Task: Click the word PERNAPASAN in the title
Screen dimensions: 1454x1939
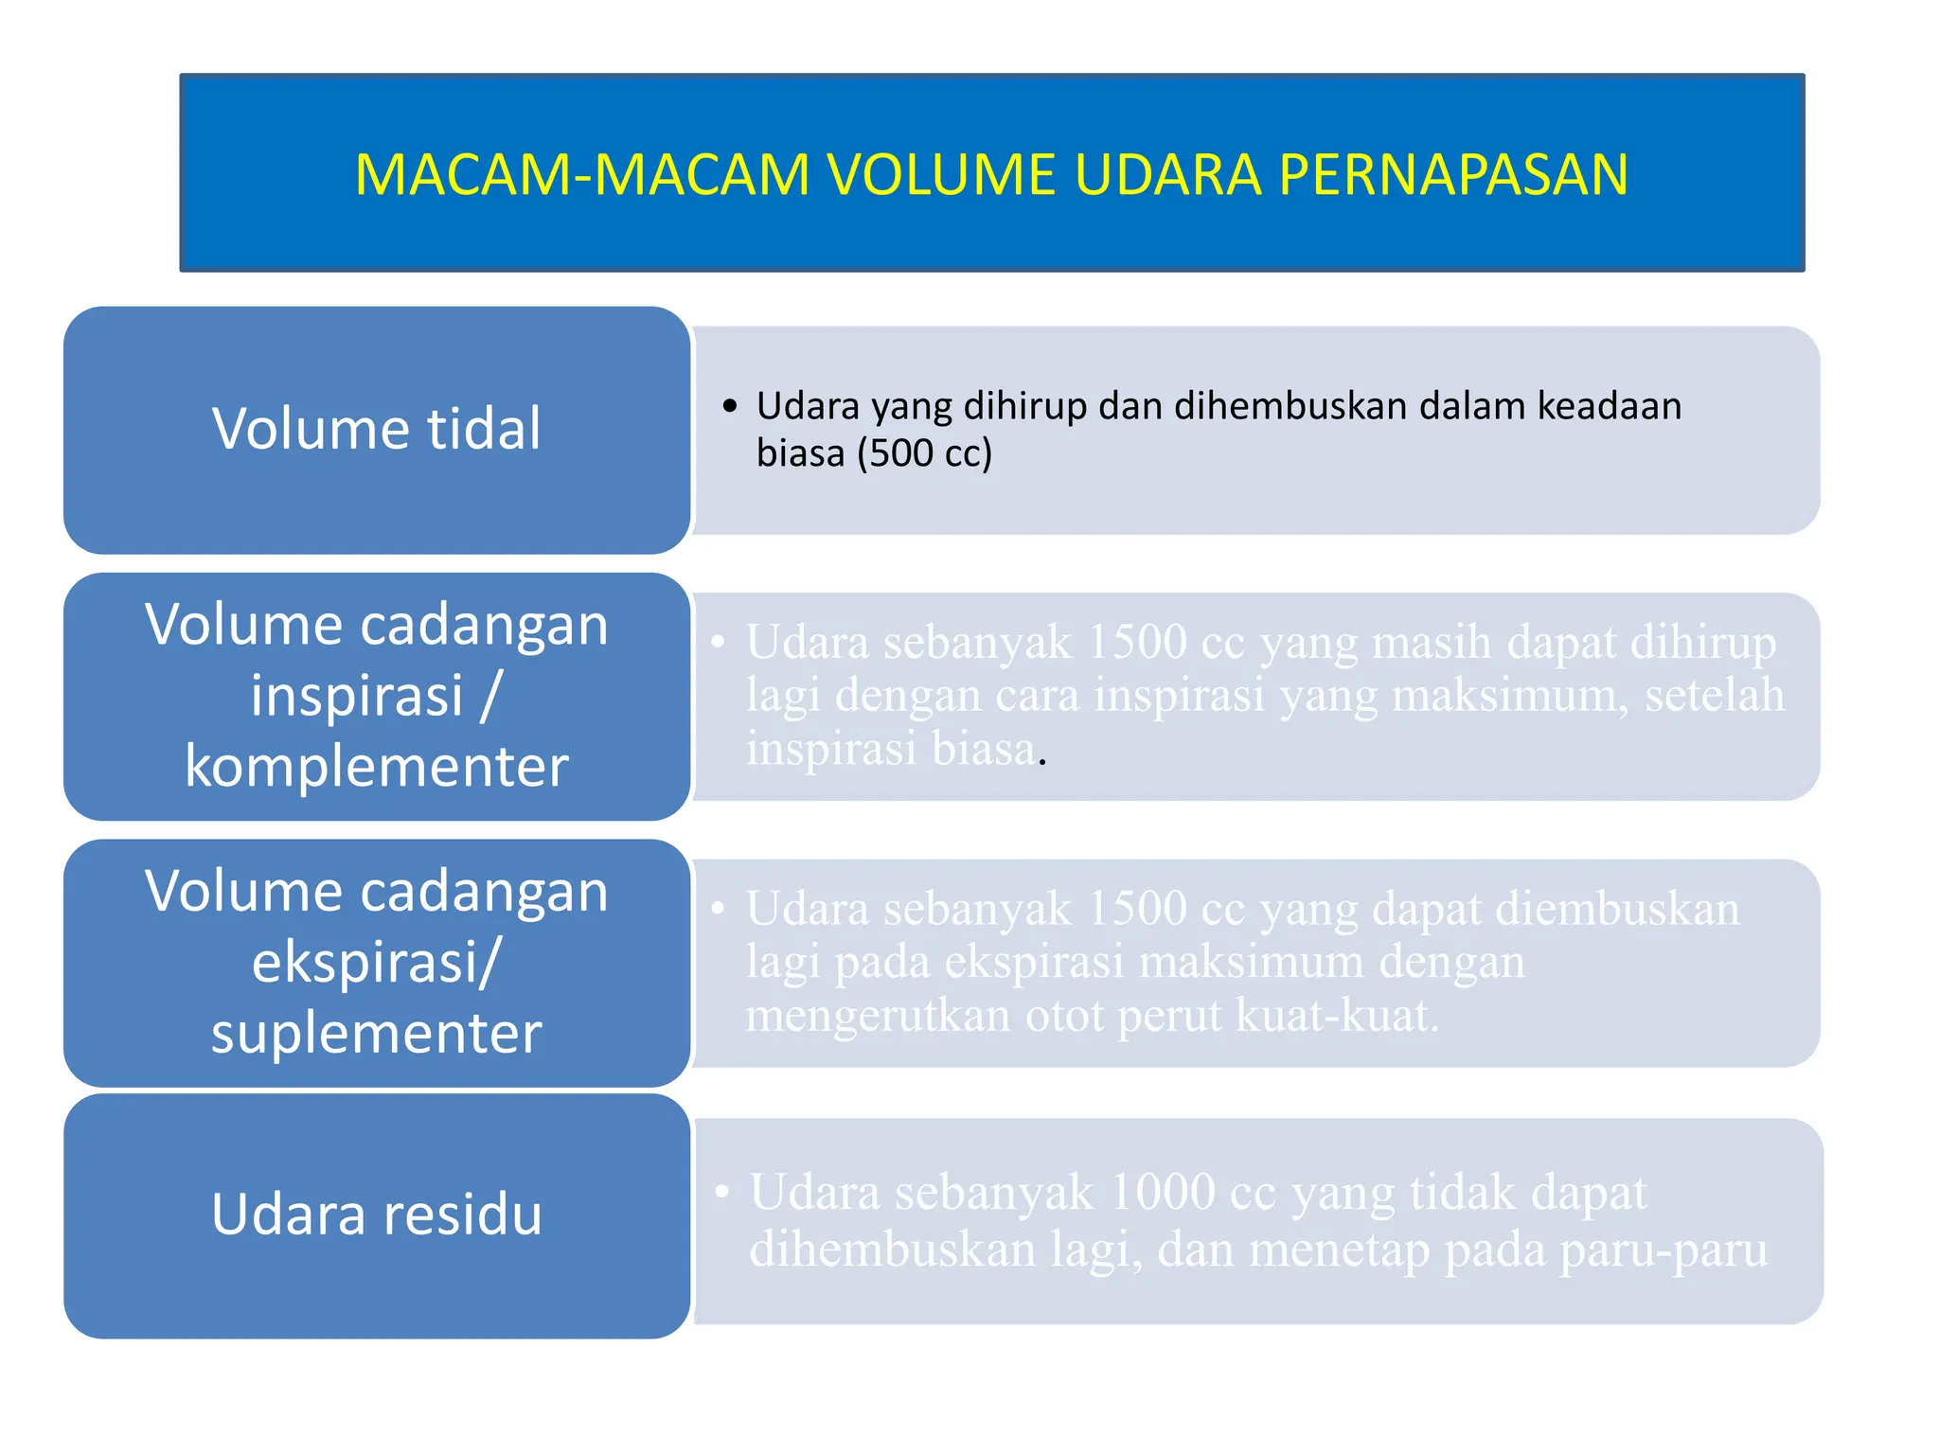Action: (1453, 175)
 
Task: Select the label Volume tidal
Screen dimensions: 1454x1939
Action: (376, 429)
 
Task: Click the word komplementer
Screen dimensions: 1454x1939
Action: (376, 766)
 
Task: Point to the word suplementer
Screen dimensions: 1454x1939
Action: (376, 1033)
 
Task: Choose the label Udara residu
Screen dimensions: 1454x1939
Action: (376, 1215)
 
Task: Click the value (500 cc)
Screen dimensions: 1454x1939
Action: (924, 453)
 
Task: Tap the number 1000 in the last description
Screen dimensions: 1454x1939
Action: (1162, 1192)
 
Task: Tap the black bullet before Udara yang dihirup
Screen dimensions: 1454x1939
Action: (729, 407)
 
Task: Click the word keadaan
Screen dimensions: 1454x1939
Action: (1609, 406)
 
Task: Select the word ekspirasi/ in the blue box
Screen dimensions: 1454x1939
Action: (376, 962)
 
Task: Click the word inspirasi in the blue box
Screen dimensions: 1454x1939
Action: (357, 696)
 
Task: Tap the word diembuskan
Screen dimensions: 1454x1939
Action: (1617, 910)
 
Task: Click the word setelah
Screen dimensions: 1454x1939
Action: (1714, 696)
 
